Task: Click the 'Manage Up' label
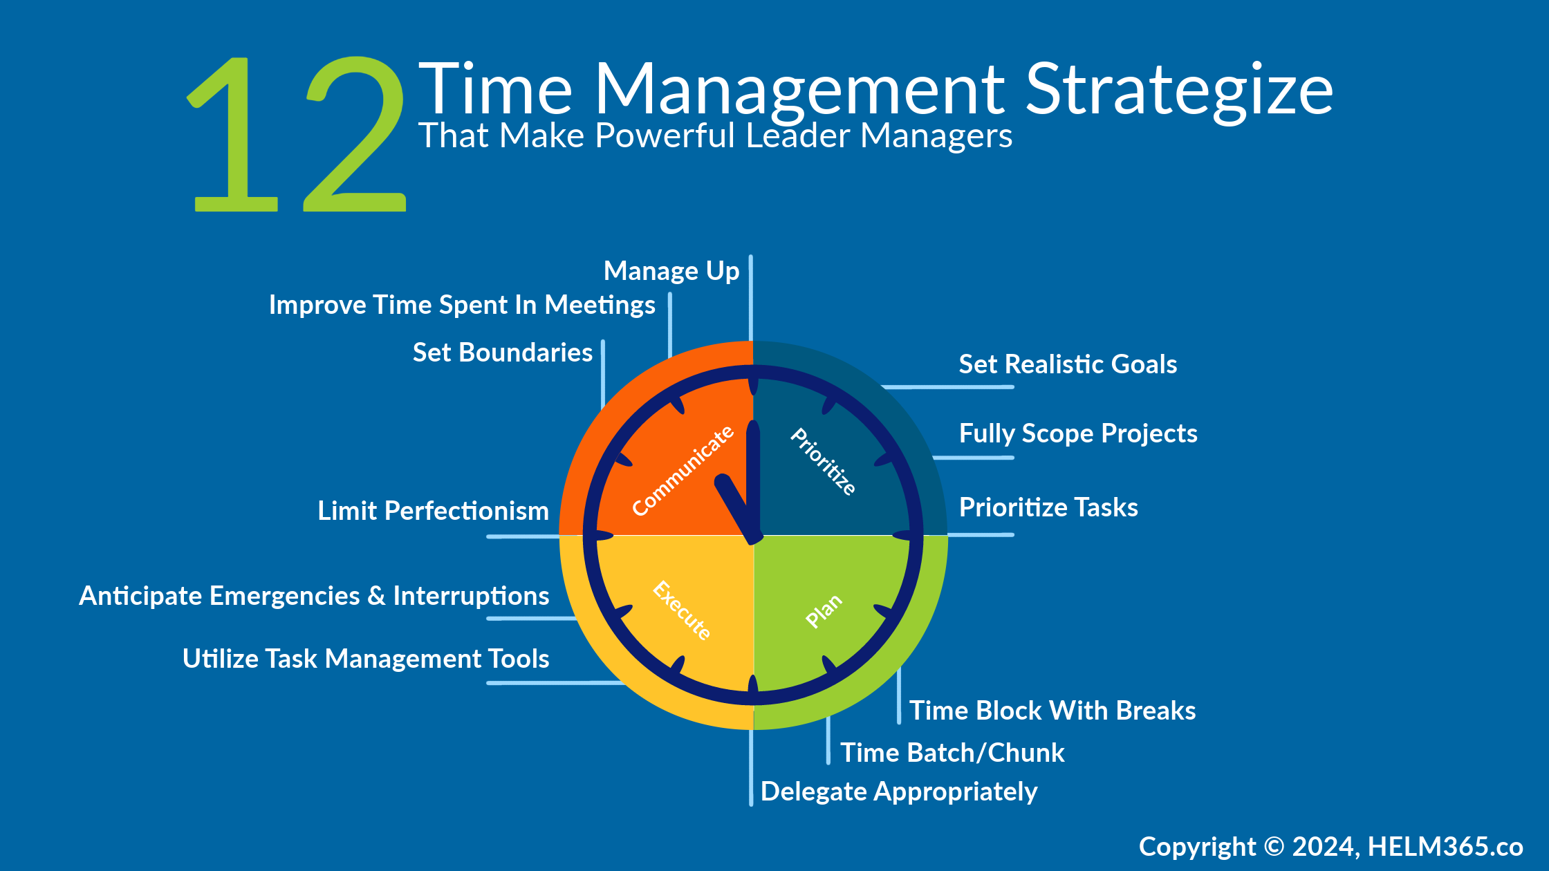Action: coord(671,271)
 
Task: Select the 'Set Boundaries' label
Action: coord(502,353)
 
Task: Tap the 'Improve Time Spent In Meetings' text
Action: coord(462,305)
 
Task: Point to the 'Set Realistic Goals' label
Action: coord(1068,364)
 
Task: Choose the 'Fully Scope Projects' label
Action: coord(1078,433)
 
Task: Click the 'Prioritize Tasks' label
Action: coord(1048,507)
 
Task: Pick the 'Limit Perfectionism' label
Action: coord(433,511)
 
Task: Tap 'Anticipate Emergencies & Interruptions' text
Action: coord(314,596)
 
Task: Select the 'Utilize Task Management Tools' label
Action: coord(366,659)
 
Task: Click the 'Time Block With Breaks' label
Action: coord(1052,711)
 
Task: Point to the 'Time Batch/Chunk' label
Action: coord(952,753)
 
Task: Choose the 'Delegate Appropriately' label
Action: coord(899,792)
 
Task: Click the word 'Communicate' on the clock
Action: coord(683,471)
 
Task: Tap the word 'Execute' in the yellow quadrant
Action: coord(682,610)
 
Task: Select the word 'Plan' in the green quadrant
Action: coord(824,610)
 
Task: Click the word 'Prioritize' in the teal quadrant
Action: coord(824,461)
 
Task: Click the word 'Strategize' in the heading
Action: coord(1178,90)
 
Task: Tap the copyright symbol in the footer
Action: coord(1274,847)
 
